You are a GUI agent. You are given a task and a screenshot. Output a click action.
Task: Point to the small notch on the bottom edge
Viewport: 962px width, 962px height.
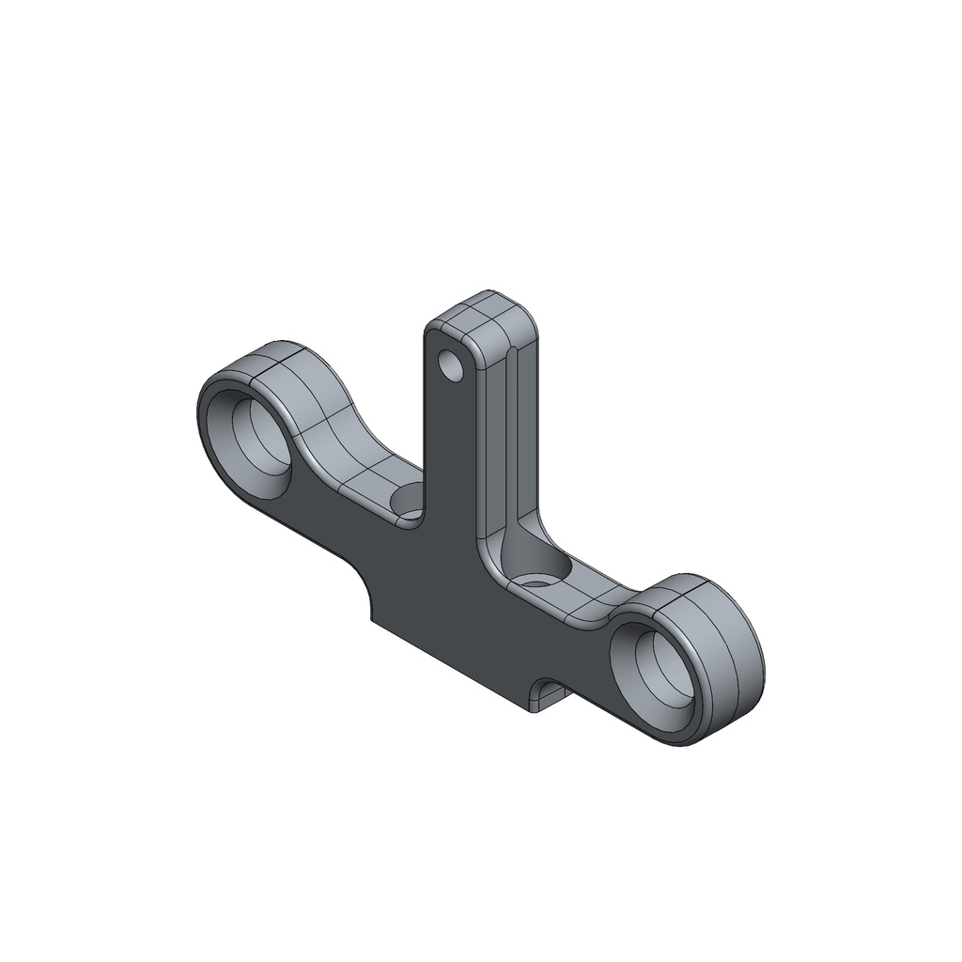(x=548, y=694)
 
